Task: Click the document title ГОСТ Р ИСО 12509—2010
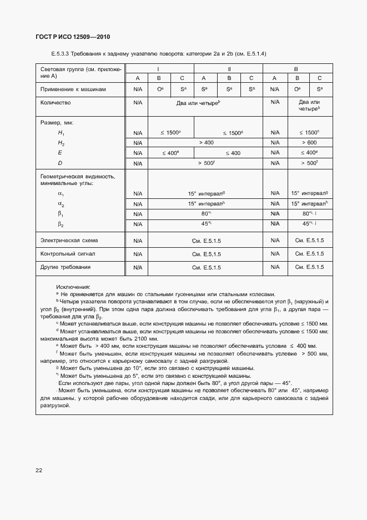pos(73,37)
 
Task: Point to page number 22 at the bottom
pos(39,470)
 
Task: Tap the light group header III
pos(296,68)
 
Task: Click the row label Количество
pos(56,103)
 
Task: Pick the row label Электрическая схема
pos(69,241)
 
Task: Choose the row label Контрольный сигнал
pos(68,254)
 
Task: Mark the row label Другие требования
pos(66,267)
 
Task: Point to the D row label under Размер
pos(60,163)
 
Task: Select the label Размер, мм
pos(57,122)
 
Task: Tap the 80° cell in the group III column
pos(308,214)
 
